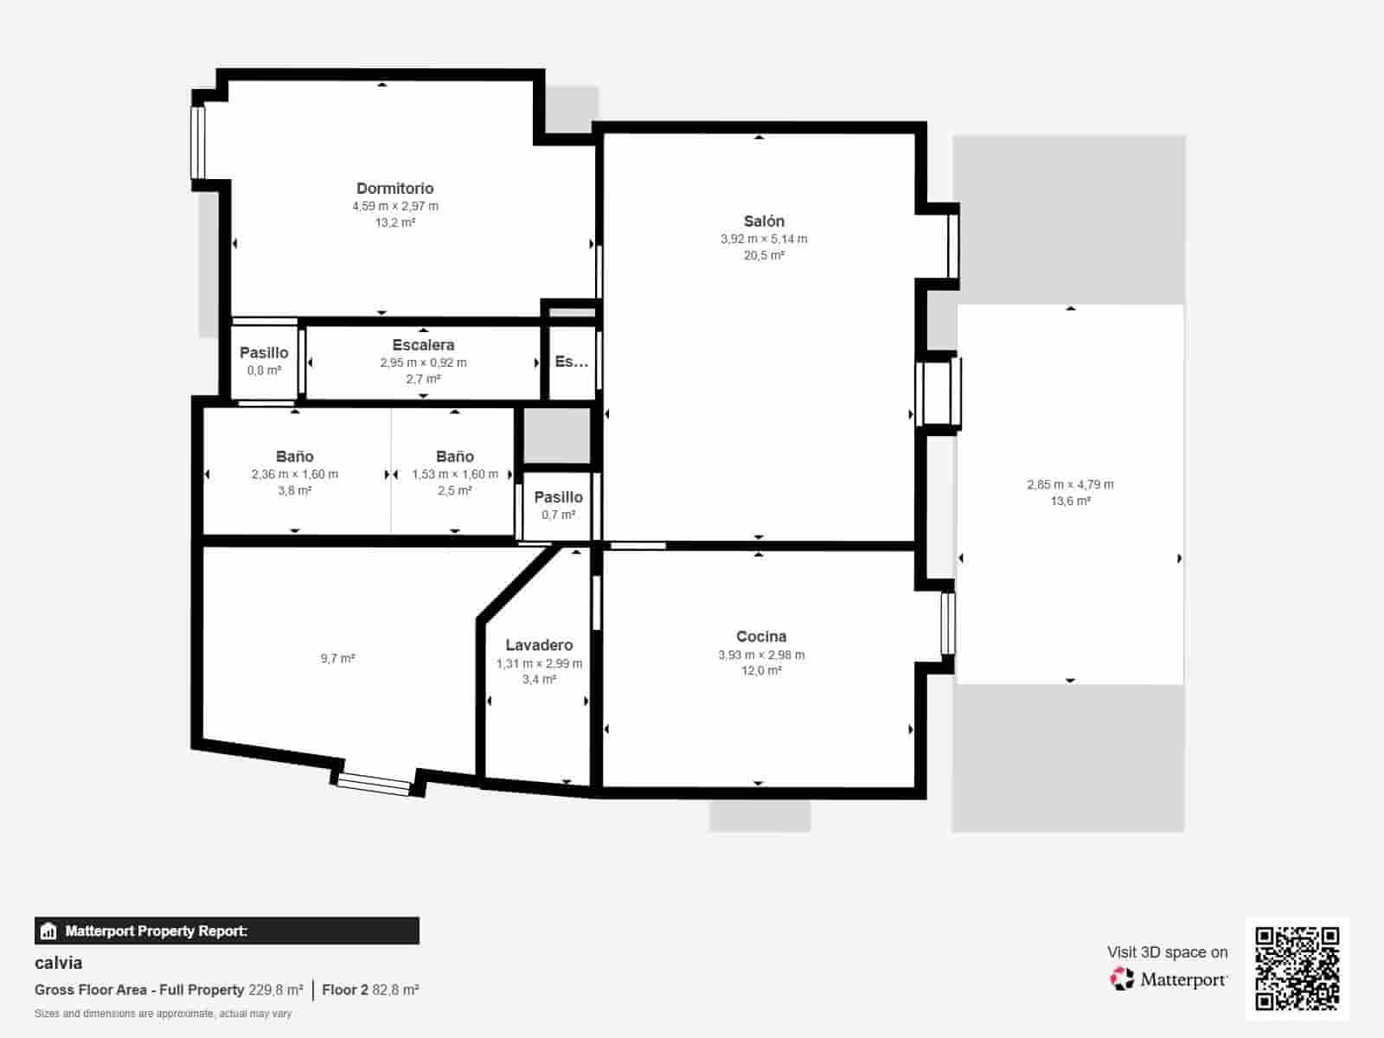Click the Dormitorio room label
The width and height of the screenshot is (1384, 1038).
(x=394, y=188)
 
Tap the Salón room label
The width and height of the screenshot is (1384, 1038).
(x=764, y=221)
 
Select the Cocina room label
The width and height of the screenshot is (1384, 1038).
(x=761, y=637)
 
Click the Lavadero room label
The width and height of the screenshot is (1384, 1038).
(x=539, y=645)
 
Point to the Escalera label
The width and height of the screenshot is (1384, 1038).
(x=423, y=345)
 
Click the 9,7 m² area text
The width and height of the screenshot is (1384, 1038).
(x=337, y=658)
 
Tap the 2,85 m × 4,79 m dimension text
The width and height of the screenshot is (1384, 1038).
(x=1070, y=484)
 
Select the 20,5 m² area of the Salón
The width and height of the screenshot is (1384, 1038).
(x=764, y=255)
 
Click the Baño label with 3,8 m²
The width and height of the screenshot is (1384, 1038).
(x=294, y=457)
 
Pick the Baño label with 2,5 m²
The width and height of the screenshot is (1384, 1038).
(x=455, y=457)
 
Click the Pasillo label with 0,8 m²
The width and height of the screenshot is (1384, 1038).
(x=264, y=353)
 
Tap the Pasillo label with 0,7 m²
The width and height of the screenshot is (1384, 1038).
(x=558, y=497)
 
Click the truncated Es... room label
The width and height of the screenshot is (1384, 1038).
(x=571, y=362)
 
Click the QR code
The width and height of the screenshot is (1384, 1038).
(x=1297, y=968)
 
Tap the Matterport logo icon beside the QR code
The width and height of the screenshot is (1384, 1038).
(x=1122, y=979)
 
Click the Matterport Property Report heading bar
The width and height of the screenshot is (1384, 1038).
(x=227, y=931)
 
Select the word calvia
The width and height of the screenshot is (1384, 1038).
(x=59, y=963)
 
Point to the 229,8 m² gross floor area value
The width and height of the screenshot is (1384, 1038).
(x=275, y=990)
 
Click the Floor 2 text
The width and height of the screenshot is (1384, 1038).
(x=345, y=990)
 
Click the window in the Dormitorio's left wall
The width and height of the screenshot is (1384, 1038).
(x=198, y=143)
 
